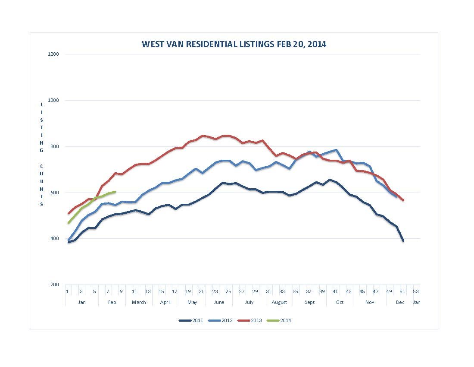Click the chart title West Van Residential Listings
point(234,44)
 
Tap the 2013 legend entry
point(249,320)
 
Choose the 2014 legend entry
point(279,320)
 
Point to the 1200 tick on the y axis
point(55,54)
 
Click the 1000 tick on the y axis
point(55,100)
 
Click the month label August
point(279,302)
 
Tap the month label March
point(139,302)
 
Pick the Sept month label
point(309,302)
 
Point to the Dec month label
point(400,302)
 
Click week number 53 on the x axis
point(415,291)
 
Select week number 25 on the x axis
point(228,291)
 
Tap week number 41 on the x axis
point(335,291)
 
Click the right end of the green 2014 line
point(115,192)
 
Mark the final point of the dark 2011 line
point(403,240)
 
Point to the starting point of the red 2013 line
point(68,213)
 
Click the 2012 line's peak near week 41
point(336,150)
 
